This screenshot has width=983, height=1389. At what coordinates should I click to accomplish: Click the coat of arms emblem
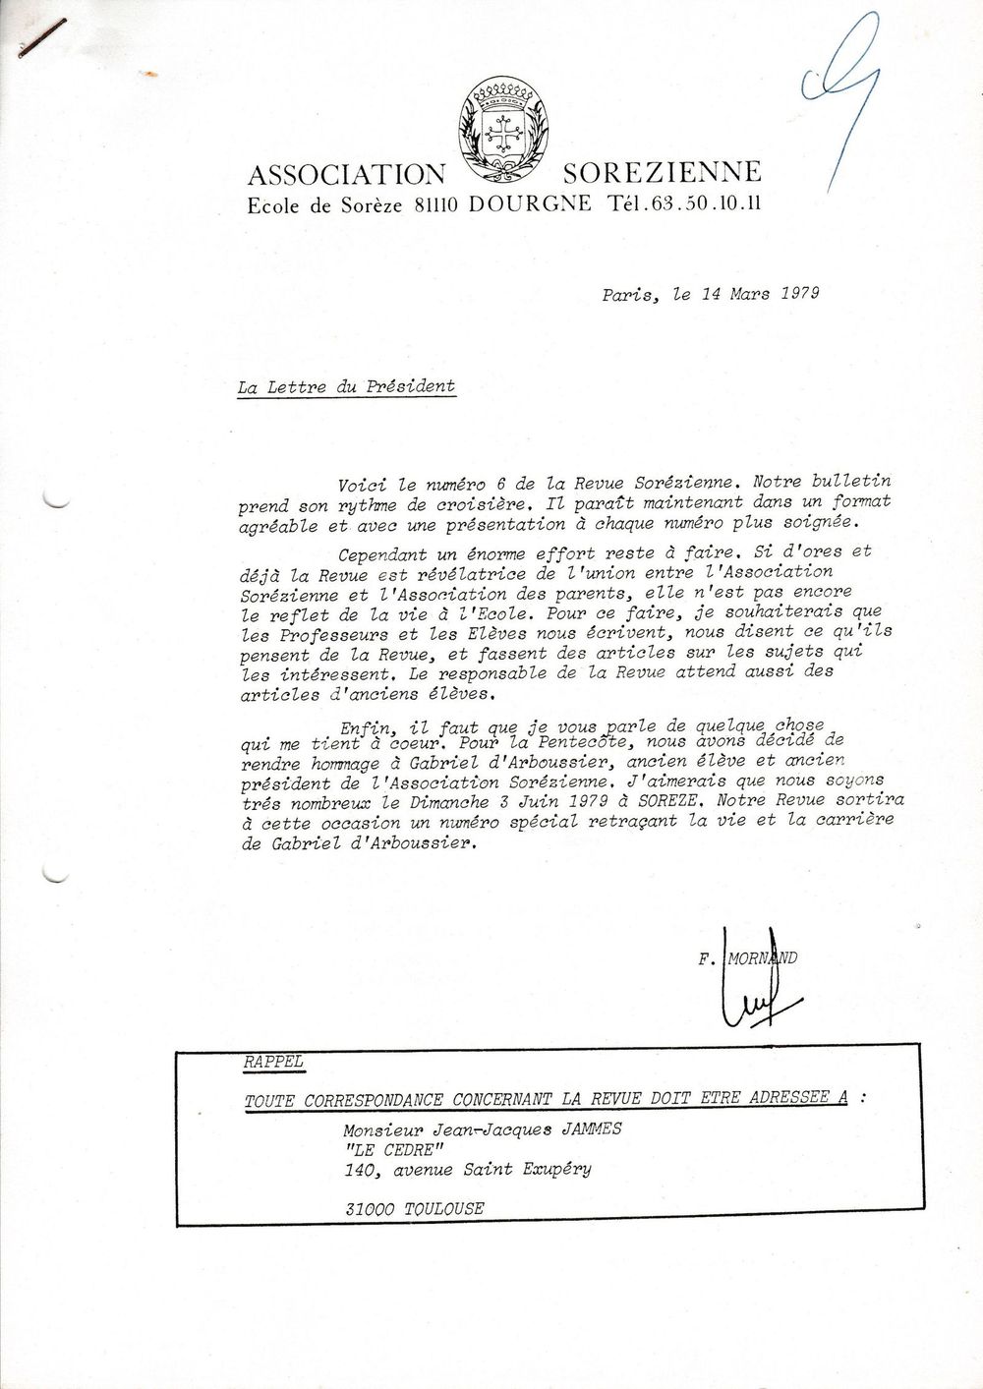503,133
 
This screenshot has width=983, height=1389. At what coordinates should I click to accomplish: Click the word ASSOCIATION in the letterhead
346,175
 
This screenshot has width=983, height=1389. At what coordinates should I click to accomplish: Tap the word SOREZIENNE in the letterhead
661,173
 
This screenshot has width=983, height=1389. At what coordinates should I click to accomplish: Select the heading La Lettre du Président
346,386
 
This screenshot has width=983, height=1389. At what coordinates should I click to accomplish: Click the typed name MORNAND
761,956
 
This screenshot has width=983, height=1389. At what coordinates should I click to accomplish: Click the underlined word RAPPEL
273,1064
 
